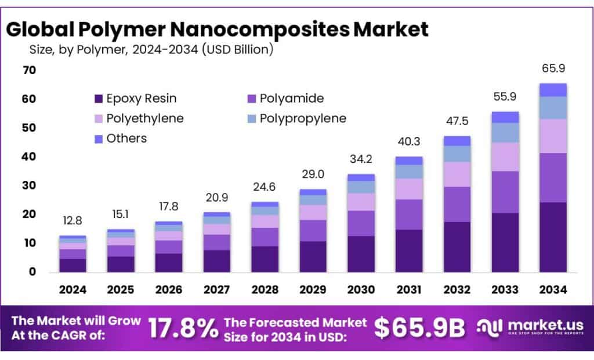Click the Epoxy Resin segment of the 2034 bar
click(553, 237)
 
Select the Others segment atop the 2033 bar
click(505, 117)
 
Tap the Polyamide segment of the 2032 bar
click(457, 204)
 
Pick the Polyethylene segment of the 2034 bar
click(553, 136)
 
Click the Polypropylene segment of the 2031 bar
click(408, 172)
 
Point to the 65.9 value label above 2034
click(553, 68)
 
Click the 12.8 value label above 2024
click(73, 221)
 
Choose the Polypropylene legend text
click(303, 118)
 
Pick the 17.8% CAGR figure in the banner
click(183, 328)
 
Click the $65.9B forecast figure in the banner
click(419, 328)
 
